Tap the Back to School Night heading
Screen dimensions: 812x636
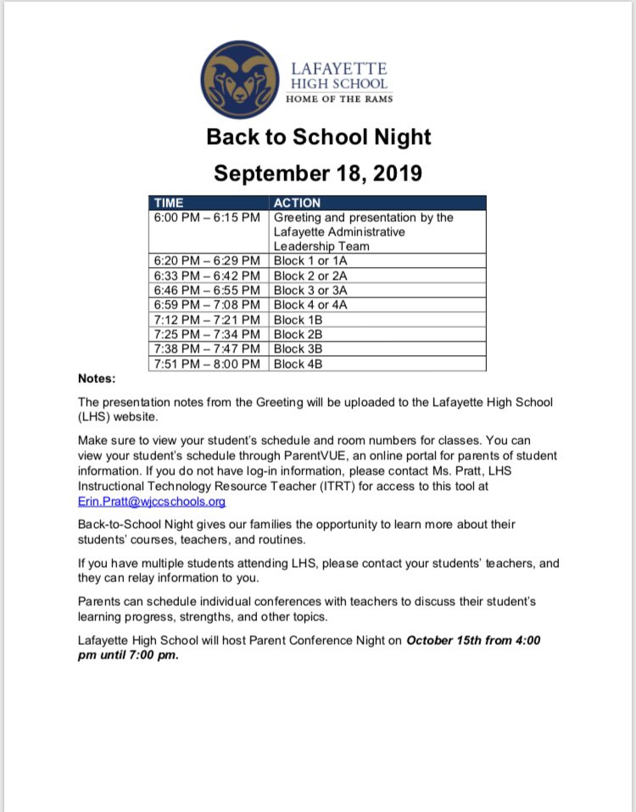click(318, 136)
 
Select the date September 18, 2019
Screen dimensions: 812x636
click(318, 173)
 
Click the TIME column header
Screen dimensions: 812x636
click(170, 203)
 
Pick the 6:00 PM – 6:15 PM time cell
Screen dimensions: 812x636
click(207, 217)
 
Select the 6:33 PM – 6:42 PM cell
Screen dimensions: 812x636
click(207, 275)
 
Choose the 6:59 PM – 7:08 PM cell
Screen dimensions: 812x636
click(207, 305)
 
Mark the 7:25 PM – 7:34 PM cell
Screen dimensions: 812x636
click(207, 334)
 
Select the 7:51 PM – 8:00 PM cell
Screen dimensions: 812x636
click(207, 364)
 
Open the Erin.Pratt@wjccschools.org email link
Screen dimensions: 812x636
click(152, 501)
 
